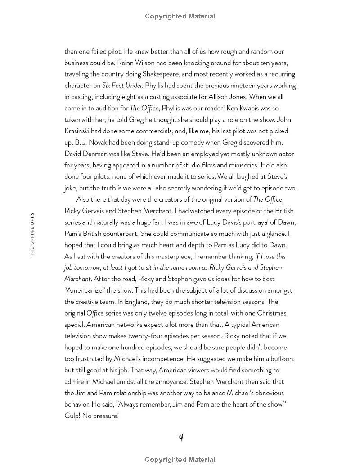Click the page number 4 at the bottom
coord(180,437)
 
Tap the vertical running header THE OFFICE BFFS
coord(32,234)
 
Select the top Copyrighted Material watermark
coord(180,16)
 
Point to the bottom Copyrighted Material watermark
coord(180,460)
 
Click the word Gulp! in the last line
coord(74,416)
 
